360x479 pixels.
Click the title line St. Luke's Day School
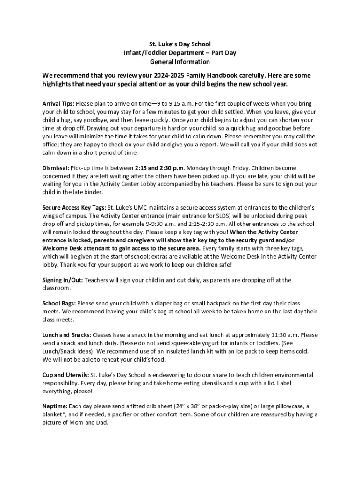click(x=180, y=44)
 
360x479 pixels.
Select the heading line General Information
click(x=180, y=62)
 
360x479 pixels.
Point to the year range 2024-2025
click(x=167, y=75)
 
